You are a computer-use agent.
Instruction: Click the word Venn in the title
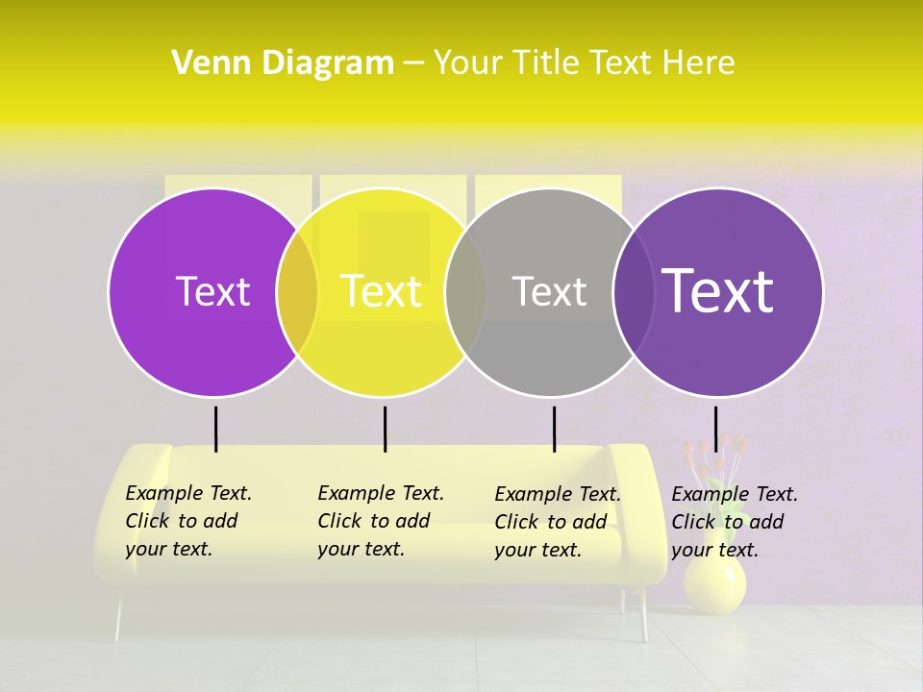click(202, 63)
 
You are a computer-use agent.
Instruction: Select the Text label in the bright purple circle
click(212, 291)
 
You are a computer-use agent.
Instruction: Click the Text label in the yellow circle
click(382, 291)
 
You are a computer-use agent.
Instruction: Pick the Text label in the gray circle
click(549, 291)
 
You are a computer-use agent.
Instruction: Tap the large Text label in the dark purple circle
click(717, 291)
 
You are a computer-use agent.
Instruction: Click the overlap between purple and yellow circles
click(298, 292)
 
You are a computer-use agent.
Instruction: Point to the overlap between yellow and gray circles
click(465, 292)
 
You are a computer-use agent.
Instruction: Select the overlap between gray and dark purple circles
click(633, 292)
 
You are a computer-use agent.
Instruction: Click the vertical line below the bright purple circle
click(216, 429)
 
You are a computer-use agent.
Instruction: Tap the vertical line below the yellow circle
click(385, 429)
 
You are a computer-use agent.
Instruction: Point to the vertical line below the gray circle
click(554, 429)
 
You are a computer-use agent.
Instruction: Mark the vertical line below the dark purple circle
click(715, 429)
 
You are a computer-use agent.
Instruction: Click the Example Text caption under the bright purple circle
click(187, 521)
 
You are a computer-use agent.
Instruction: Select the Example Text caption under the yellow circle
click(380, 521)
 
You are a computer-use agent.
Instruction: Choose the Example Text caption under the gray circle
click(557, 522)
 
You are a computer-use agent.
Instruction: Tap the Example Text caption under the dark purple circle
click(734, 522)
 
